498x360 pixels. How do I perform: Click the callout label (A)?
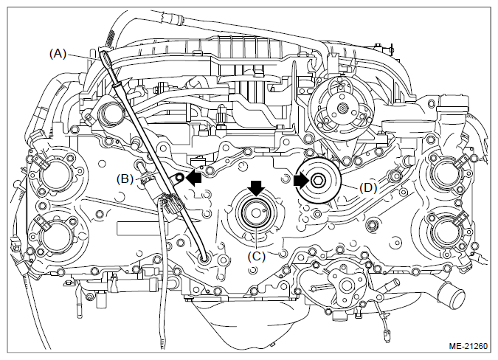click(58, 54)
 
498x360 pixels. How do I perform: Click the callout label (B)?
click(125, 179)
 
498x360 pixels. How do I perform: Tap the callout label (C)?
click(256, 256)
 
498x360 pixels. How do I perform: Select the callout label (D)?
click(368, 187)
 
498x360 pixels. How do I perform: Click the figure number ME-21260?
click(468, 346)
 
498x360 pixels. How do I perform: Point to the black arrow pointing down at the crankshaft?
click(256, 187)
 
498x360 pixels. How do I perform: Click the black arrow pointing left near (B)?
click(193, 179)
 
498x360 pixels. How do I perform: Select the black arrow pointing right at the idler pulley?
click(301, 181)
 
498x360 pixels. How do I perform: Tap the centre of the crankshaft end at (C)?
click(256, 213)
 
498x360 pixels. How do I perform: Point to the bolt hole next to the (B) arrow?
click(179, 178)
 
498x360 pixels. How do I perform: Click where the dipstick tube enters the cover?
click(204, 258)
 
